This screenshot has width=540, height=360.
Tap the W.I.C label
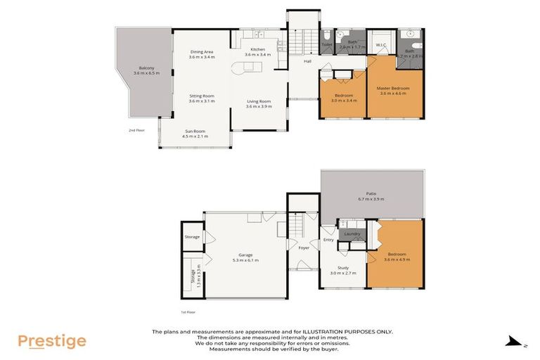[x=381, y=46]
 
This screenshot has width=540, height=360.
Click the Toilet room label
[x=327, y=45]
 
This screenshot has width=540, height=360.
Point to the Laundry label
[x=352, y=233]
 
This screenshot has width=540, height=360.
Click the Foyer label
[x=304, y=247]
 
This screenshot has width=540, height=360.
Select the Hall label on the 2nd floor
[x=307, y=62]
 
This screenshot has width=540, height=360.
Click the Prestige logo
[x=52, y=342]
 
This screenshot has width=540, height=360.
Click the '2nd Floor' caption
[x=136, y=131]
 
